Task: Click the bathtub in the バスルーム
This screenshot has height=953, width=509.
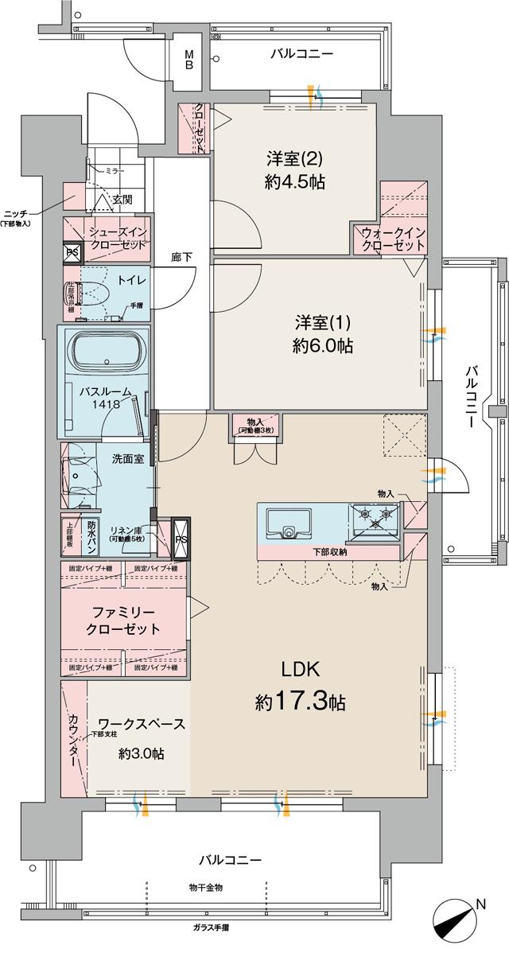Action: pyautogui.click(x=106, y=351)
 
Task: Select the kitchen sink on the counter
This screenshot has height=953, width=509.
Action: pyautogui.click(x=287, y=523)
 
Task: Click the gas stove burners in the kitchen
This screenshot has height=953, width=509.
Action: pyautogui.click(x=376, y=519)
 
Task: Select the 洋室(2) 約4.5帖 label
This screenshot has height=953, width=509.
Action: pyautogui.click(x=293, y=169)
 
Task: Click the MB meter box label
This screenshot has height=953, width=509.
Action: pyautogui.click(x=189, y=59)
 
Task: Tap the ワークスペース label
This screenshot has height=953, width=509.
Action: pyautogui.click(x=135, y=725)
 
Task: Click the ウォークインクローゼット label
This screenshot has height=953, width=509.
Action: pyautogui.click(x=393, y=239)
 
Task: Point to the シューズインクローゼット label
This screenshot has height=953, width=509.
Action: pyautogui.click(x=116, y=238)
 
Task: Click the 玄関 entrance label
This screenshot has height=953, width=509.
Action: pyautogui.click(x=122, y=199)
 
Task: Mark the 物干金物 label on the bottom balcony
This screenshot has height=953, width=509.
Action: pyautogui.click(x=205, y=886)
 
